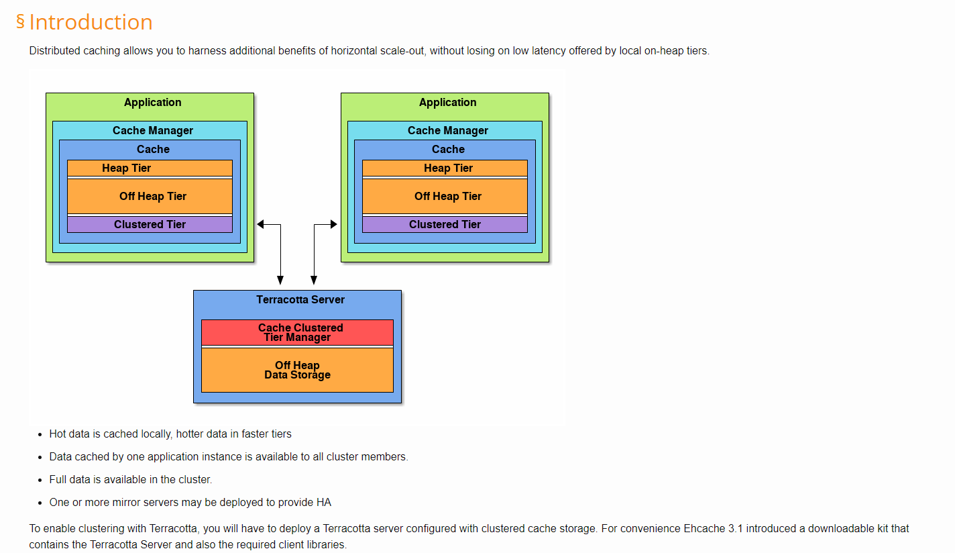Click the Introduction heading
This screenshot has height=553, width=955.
pyautogui.click(x=91, y=22)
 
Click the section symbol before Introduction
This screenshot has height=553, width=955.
pyautogui.click(x=20, y=21)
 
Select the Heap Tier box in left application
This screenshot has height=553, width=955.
pyautogui.click(x=150, y=168)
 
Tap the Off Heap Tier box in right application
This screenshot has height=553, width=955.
pyautogui.click(x=445, y=196)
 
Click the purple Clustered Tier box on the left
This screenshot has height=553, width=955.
pyautogui.click(x=150, y=224)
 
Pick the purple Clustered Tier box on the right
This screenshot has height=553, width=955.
pyautogui.click(x=445, y=224)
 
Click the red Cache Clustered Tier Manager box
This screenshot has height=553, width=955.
pyautogui.click(x=297, y=332)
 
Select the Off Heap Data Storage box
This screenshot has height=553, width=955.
pyautogui.click(x=297, y=370)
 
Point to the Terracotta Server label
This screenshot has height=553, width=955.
pyautogui.click(x=300, y=299)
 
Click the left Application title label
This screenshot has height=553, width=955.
pyautogui.click(x=152, y=102)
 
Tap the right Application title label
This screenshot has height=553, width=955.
pyautogui.click(x=447, y=102)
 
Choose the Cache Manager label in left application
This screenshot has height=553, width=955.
pyautogui.click(x=152, y=130)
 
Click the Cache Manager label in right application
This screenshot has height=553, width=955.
pyautogui.click(x=447, y=130)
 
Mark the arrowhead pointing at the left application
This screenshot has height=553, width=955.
pyautogui.click(x=261, y=225)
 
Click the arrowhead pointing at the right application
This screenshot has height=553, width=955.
pyautogui.click(x=333, y=225)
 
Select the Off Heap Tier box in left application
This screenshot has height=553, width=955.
pyautogui.click(x=150, y=196)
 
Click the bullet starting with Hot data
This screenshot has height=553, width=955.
pyautogui.click(x=170, y=434)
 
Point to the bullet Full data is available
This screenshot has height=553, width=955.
pyautogui.click(x=130, y=479)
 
